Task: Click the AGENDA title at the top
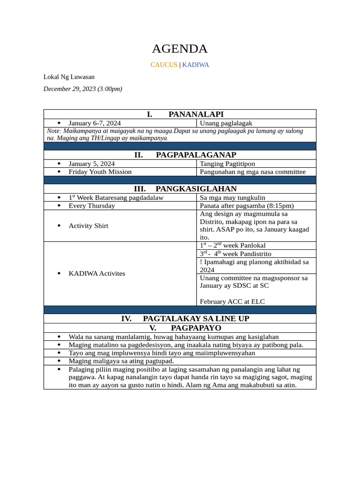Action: [180, 49]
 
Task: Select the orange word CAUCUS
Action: [164, 65]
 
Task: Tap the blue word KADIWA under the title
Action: [195, 65]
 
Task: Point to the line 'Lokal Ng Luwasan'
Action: [69, 76]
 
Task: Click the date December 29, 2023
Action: [82, 89]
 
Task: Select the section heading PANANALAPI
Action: [195, 114]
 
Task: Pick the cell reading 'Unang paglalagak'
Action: [226, 123]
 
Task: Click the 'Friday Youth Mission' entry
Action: [100, 172]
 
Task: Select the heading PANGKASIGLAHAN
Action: [196, 188]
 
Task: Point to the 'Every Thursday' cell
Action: [91, 205]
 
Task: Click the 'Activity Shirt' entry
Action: [88, 225]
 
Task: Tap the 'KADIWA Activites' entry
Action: [97, 273]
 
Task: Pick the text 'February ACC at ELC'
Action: [232, 301]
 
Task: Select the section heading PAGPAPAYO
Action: [196, 328]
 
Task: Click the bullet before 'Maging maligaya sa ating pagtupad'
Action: [59, 361]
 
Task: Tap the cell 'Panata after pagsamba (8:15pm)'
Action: [247, 205]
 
